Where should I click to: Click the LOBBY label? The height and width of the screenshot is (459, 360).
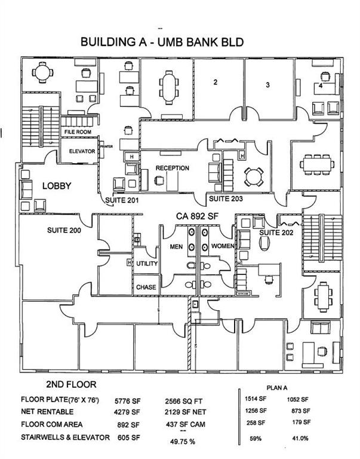pos(57,186)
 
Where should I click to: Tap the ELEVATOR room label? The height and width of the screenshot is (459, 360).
pos(82,151)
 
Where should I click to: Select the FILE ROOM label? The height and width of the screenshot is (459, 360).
pos(78,131)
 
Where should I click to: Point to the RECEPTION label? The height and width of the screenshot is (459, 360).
pos(173,168)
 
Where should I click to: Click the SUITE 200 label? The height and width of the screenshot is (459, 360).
pos(63,230)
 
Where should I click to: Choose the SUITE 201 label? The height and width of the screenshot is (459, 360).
pos(122,200)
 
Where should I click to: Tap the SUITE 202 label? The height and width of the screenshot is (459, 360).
pos(277,232)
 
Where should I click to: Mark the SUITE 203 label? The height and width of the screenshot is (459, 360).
pos(224,198)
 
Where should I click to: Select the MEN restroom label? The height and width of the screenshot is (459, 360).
pos(176,246)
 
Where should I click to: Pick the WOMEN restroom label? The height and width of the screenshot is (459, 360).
pos(222,246)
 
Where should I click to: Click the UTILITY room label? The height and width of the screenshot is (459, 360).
pos(146,264)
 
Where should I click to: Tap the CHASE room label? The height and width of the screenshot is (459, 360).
pos(146,287)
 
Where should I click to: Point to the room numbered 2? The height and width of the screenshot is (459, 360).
pos(215,82)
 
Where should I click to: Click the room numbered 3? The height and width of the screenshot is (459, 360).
pos(268,85)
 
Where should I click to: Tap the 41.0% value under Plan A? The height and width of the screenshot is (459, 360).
pos(300,438)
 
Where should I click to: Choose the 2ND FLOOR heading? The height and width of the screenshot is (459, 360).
pos(70,384)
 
